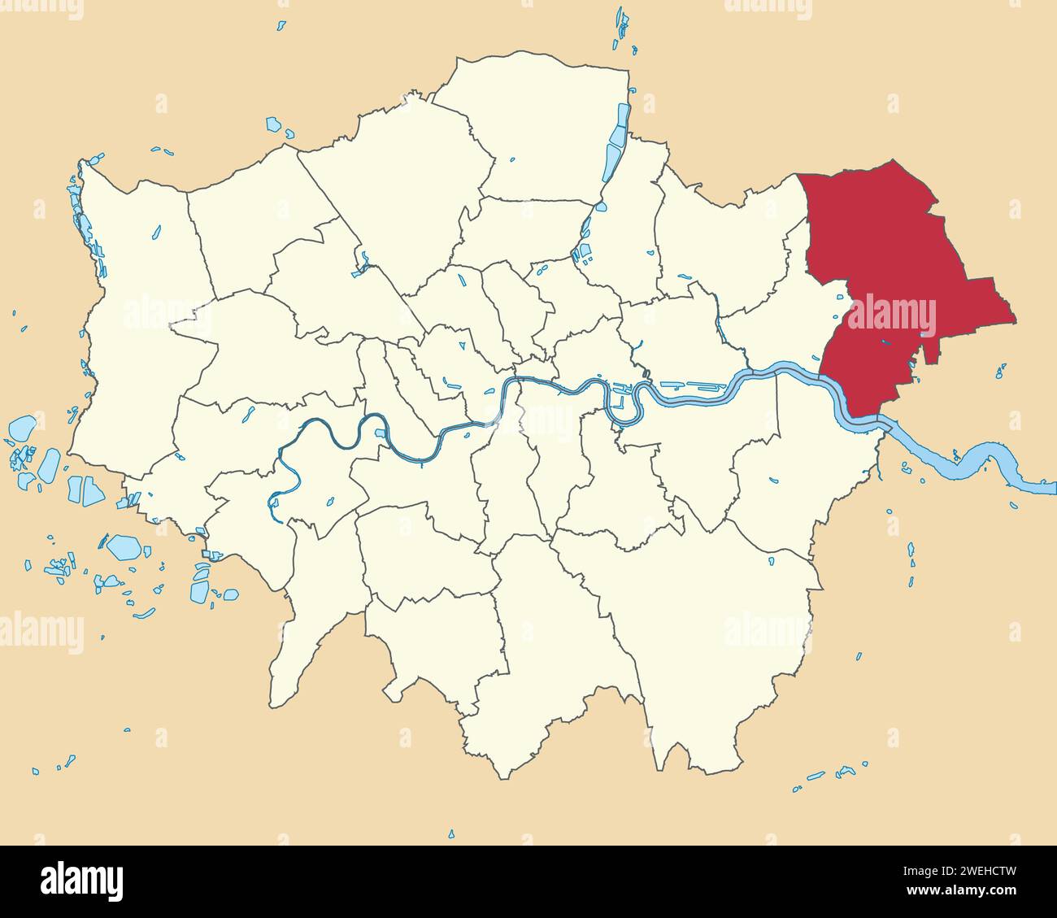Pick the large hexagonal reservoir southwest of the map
point(124,546)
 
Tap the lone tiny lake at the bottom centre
point(451,833)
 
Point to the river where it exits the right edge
point(1045,488)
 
